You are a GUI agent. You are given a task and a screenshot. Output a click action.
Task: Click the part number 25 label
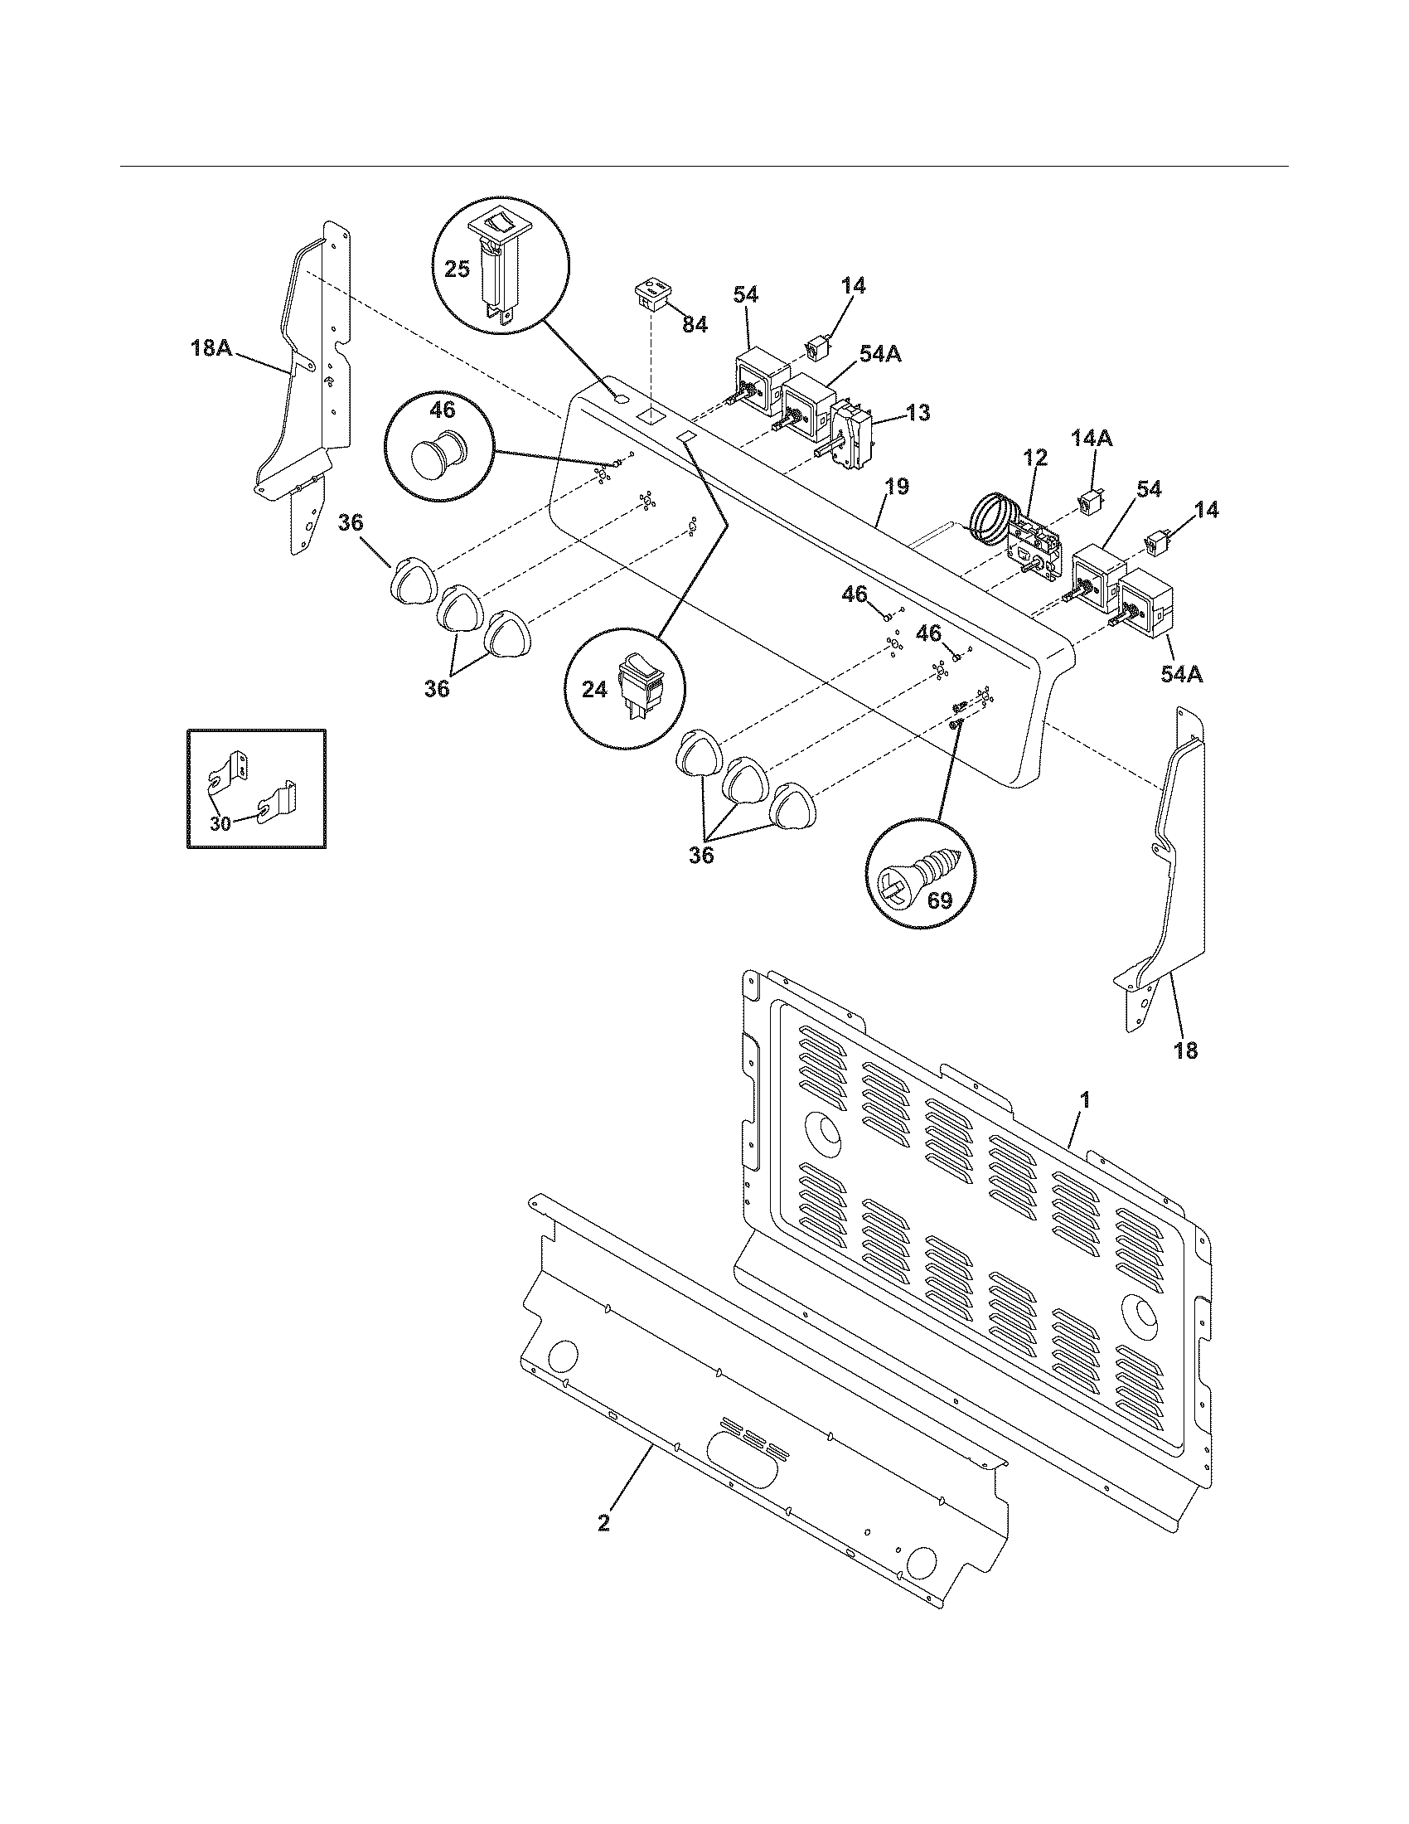pos(458,269)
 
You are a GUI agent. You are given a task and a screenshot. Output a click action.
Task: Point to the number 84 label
pos(695,325)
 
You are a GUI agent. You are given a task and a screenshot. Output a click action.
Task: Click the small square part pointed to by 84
pos(655,298)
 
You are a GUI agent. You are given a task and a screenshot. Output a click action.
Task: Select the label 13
pos(918,414)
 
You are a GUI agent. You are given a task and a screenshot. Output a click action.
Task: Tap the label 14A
pos(1092,438)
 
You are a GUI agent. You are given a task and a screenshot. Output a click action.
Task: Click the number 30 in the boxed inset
pos(220,822)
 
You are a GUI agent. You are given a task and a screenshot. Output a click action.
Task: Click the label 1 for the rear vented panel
pos(1084,1100)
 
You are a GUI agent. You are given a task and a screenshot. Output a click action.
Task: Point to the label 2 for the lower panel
pos(603,1522)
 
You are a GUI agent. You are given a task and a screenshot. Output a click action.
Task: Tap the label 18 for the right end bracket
pos(1185,1050)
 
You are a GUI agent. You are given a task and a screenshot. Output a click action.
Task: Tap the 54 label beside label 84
pos(745,295)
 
